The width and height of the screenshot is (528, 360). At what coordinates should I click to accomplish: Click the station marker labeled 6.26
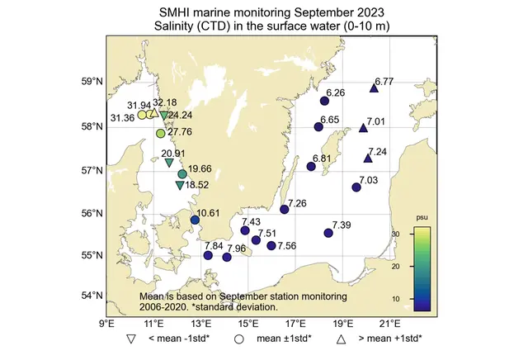(x=324, y=101)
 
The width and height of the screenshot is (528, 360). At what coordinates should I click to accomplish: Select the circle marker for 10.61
(x=196, y=220)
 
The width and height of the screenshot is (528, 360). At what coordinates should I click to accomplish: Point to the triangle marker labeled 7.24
(x=368, y=158)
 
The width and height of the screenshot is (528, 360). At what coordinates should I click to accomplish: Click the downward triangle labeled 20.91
(x=169, y=163)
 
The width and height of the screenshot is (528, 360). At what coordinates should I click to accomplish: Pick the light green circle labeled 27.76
(x=161, y=133)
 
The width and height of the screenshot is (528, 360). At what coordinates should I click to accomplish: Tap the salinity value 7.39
(x=342, y=225)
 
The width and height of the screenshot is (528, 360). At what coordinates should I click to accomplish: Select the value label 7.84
(x=212, y=246)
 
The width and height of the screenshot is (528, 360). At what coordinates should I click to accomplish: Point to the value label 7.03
(x=368, y=180)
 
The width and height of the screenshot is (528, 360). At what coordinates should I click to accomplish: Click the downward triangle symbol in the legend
(x=131, y=339)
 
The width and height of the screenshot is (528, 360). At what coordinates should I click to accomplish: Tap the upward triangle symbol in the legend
(x=340, y=339)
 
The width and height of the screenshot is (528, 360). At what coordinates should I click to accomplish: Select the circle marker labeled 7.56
(x=271, y=245)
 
